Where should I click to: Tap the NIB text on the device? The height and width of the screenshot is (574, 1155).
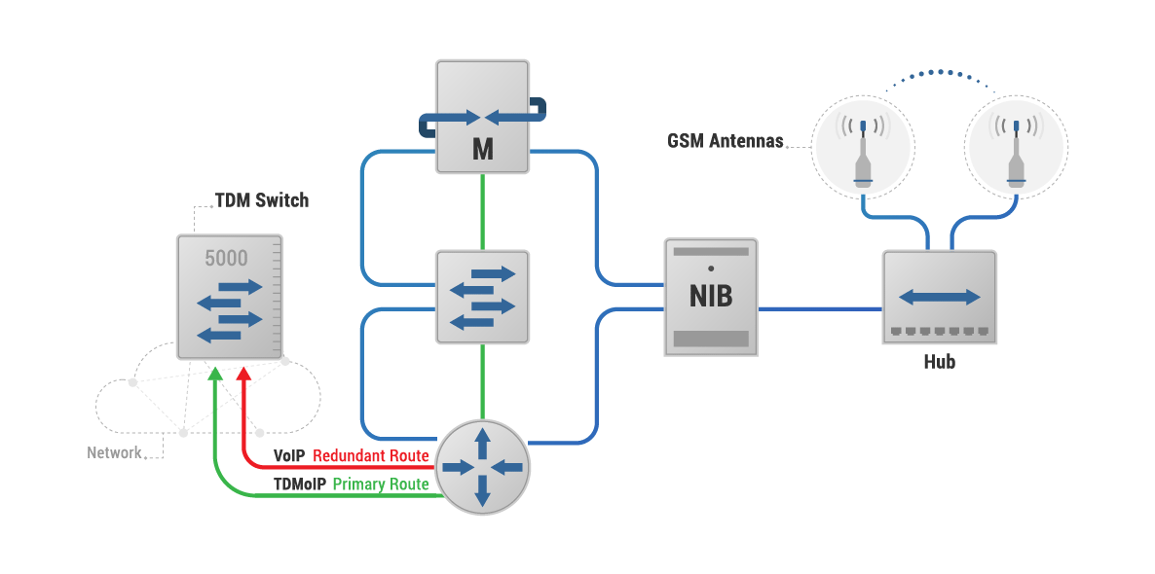pos(711,296)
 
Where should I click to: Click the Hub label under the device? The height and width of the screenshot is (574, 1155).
pos(939,362)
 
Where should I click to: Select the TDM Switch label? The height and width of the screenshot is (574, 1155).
pos(261,200)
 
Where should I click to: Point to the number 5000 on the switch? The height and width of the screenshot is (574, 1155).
pos(226,259)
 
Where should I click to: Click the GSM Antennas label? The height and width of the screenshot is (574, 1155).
pos(725,141)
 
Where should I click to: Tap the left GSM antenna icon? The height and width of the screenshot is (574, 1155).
pos(862,149)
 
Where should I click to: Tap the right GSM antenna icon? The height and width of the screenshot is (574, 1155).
pos(1016,149)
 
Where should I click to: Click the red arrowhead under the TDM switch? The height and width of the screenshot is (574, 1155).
pos(243,375)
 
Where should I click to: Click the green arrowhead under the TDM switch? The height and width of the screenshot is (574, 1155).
pos(214,375)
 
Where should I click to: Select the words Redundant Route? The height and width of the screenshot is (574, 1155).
pos(370,455)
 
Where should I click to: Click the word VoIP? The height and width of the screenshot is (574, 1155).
pos(290,455)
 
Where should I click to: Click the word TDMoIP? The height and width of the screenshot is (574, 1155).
pos(299,484)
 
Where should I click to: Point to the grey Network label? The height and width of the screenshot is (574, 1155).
pos(114,452)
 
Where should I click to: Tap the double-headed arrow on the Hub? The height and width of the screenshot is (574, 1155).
pos(939,296)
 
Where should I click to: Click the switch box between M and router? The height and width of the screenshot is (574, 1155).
pos(482,296)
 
